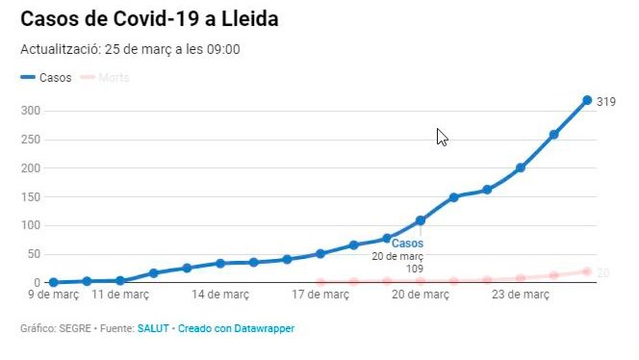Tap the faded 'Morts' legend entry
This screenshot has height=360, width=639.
click(112, 78)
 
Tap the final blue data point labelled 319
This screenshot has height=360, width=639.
click(587, 100)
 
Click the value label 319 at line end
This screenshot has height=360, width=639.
click(605, 101)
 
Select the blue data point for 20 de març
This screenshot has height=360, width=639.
click(421, 220)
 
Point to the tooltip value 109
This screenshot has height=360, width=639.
click(414, 268)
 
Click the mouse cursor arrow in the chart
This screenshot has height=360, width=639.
click(441, 136)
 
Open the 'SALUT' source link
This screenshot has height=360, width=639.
click(152, 329)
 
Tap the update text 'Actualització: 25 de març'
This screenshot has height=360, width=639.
click(130, 50)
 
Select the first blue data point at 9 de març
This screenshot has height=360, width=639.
click(53, 282)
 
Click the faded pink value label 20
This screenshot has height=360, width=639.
click(603, 273)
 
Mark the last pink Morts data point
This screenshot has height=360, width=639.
click(587, 271)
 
